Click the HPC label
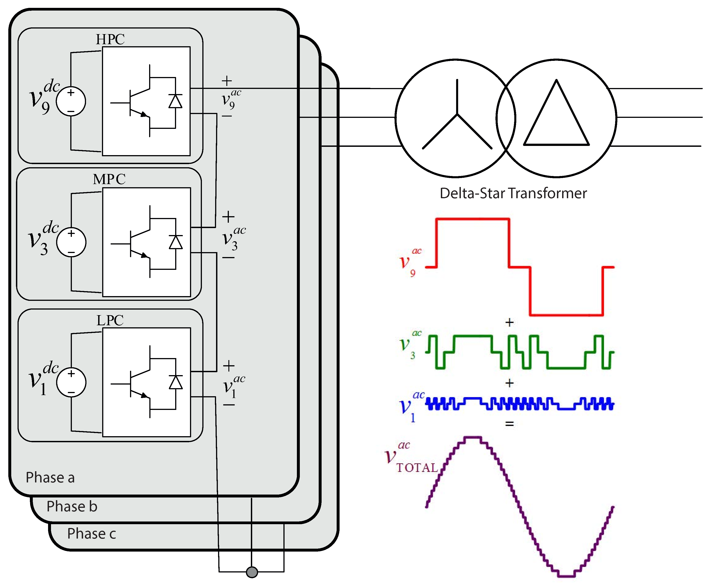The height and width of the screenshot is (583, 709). point(110,39)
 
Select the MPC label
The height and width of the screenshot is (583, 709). point(109,179)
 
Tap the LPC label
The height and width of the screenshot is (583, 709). point(110,320)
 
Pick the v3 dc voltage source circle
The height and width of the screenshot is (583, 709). point(71,242)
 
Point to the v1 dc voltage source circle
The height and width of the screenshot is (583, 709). point(71,383)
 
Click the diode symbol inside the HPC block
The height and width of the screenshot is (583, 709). point(175,101)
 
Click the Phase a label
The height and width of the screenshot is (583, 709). point(50,477)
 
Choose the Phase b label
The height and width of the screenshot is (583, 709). point(72,506)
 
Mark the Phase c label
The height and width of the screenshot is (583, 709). point(91,533)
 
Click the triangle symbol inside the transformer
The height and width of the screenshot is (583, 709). point(557,118)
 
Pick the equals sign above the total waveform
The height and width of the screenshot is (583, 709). point(509,424)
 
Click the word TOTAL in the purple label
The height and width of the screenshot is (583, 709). point(417,468)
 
